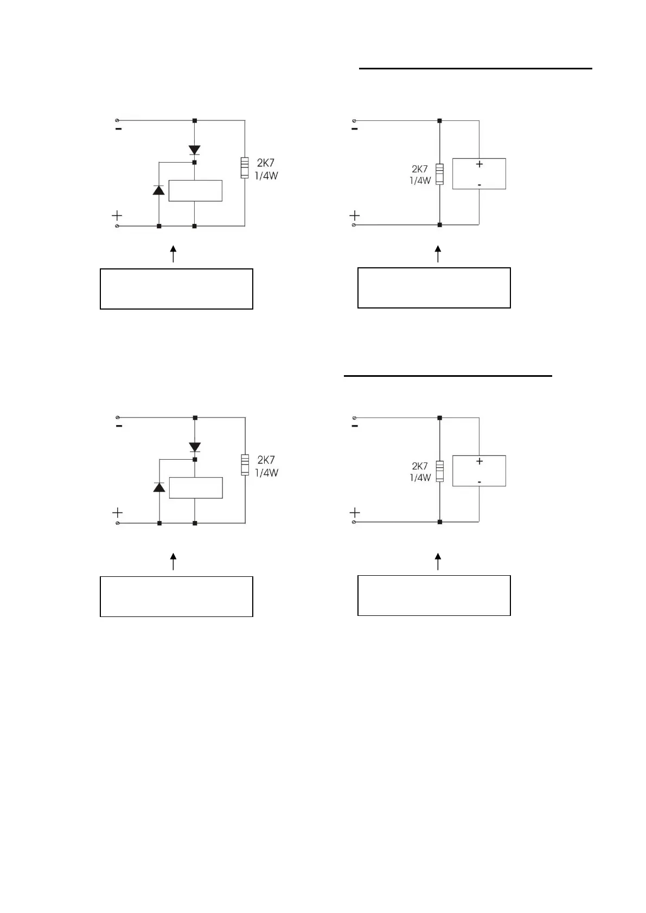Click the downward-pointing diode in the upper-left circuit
(x=194, y=150)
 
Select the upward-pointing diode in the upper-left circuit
(x=158, y=190)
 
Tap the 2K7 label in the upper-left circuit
(x=266, y=163)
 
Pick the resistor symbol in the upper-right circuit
(x=439, y=174)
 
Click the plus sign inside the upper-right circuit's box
(x=479, y=164)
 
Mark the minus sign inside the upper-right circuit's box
(x=479, y=185)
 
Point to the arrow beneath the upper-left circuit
(x=174, y=254)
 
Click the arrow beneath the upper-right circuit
(x=438, y=254)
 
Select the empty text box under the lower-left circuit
(x=176, y=596)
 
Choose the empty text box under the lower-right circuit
(x=434, y=595)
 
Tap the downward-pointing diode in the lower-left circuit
(x=195, y=447)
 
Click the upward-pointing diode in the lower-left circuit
(x=159, y=487)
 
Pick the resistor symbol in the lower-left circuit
(x=245, y=465)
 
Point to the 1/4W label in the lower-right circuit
(x=420, y=478)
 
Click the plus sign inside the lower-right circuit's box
(x=479, y=461)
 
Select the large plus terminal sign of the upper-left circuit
(x=117, y=216)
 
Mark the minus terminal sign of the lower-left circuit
(x=119, y=426)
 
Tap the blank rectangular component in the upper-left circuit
(x=195, y=190)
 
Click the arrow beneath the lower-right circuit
(x=438, y=562)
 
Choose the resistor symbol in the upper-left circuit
(x=245, y=168)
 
